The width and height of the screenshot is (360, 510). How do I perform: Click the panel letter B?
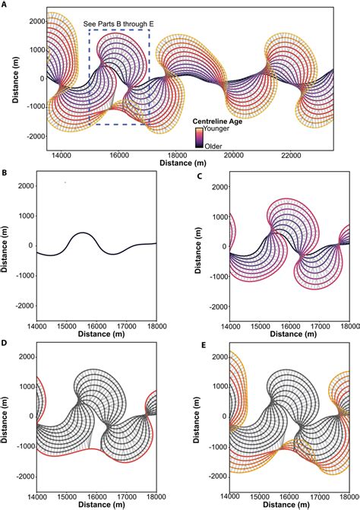pos(5,173)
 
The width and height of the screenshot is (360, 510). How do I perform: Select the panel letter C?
pos(199,174)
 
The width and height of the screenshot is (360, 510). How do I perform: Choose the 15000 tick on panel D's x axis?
pos(67,497)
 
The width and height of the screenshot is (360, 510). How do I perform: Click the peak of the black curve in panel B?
pos(83,233)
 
